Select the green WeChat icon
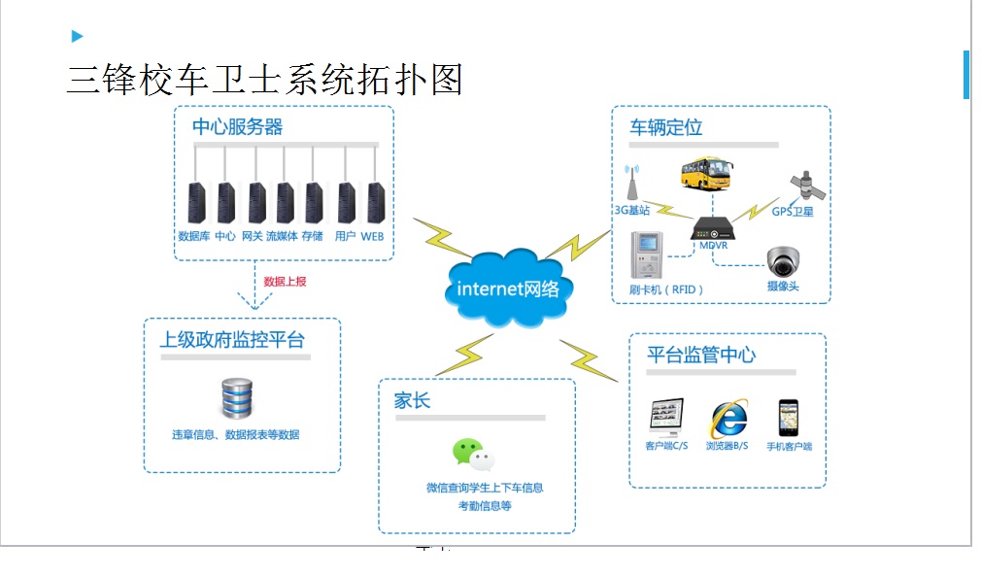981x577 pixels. pos(473,454)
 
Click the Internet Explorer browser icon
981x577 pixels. pos(727,420)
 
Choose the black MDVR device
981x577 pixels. pos(713,229)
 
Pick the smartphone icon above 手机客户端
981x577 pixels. pos(788,419)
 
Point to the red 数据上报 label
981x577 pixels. pos(286,282)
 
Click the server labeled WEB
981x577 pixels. pos(374,202)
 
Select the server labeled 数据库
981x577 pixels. pos(196,202)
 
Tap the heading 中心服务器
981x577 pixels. pos(238,127)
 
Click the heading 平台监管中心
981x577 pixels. pos(701,355)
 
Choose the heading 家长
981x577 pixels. pos(412,401)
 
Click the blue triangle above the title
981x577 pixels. pos(78,37)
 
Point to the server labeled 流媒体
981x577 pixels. pos(285,202)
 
